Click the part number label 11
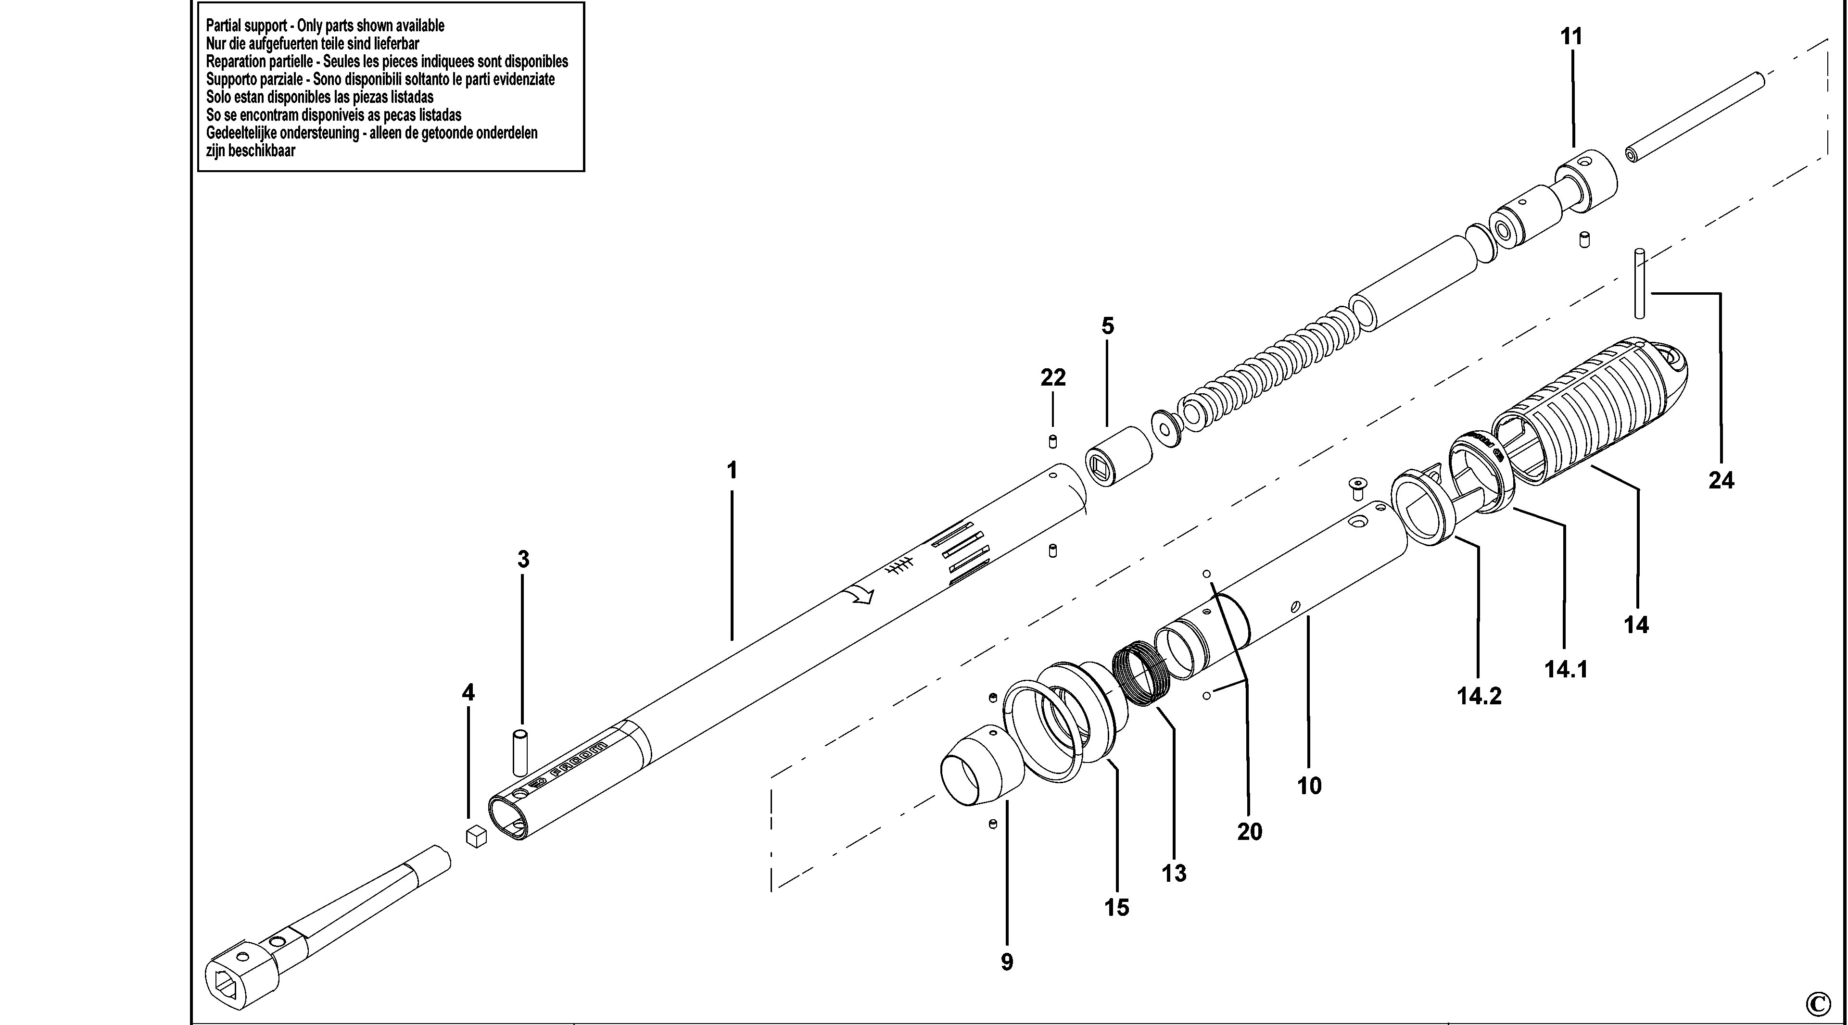pos(1571,36)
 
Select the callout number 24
pos(1721,480)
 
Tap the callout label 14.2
pos(1479,696)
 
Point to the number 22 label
pos(1053,377)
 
